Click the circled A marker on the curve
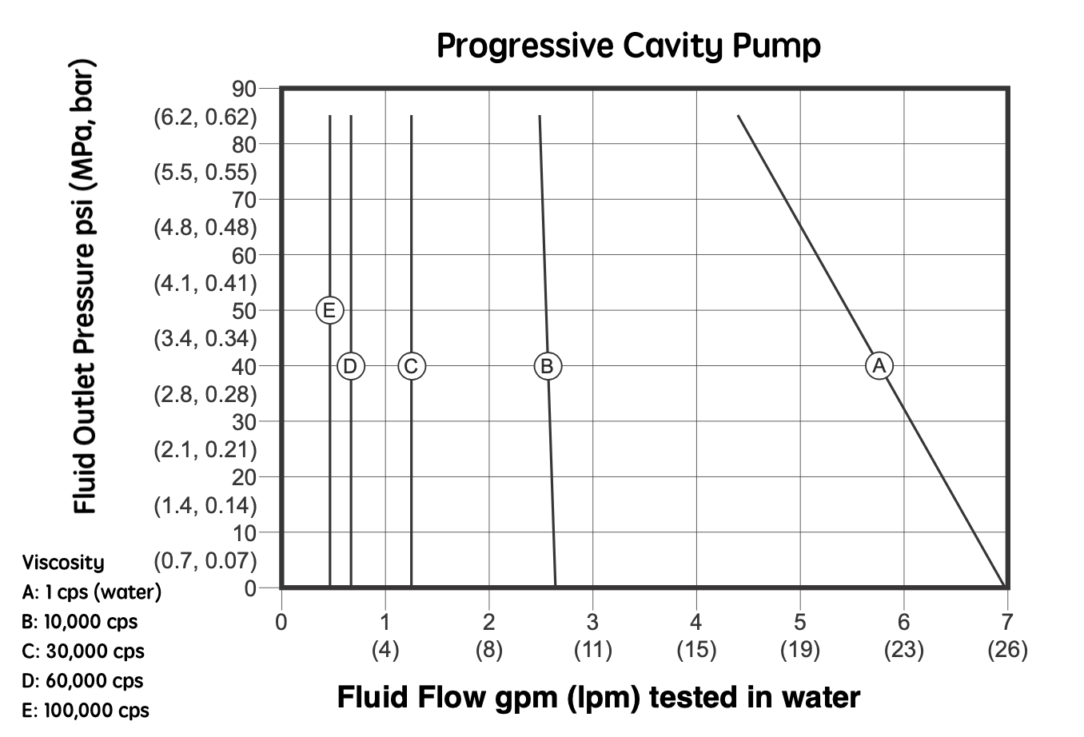tap(879, 365)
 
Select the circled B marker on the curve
tap(548, 366)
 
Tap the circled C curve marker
tap(411, 366)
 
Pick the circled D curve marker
tap(350, 366)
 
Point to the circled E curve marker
tap(329, 309)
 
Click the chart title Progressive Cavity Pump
tap(628, 46)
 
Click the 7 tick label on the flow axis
tap(1006, 622)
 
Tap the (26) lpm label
tap(1006, 649)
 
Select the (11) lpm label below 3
tap(592, 649)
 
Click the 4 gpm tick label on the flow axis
tap(695, 622)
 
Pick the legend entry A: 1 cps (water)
tap(92, 592)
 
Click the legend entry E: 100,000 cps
tap(86, 710)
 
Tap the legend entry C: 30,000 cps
tap(84, 651)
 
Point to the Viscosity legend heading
tap(63, 562)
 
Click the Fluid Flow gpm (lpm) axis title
tap(598, 697)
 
